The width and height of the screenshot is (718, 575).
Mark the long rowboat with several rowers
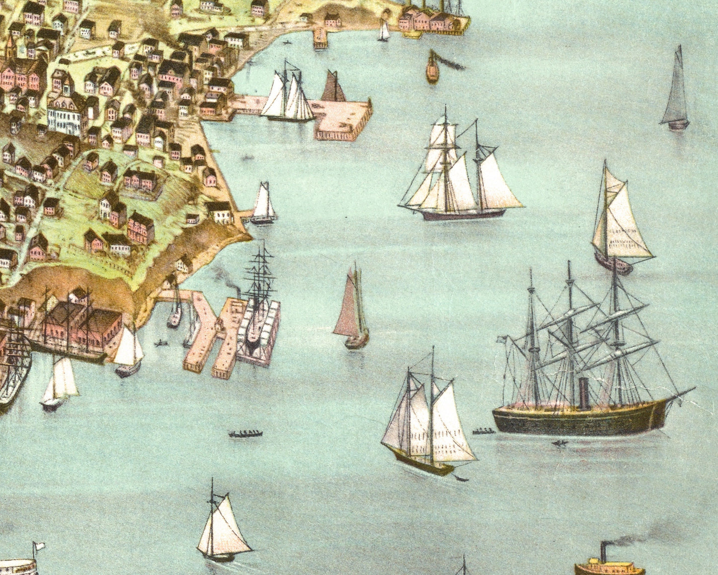click(x=245, y=434)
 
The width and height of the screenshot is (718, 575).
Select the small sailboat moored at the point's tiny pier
click(x=264, y=204)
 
